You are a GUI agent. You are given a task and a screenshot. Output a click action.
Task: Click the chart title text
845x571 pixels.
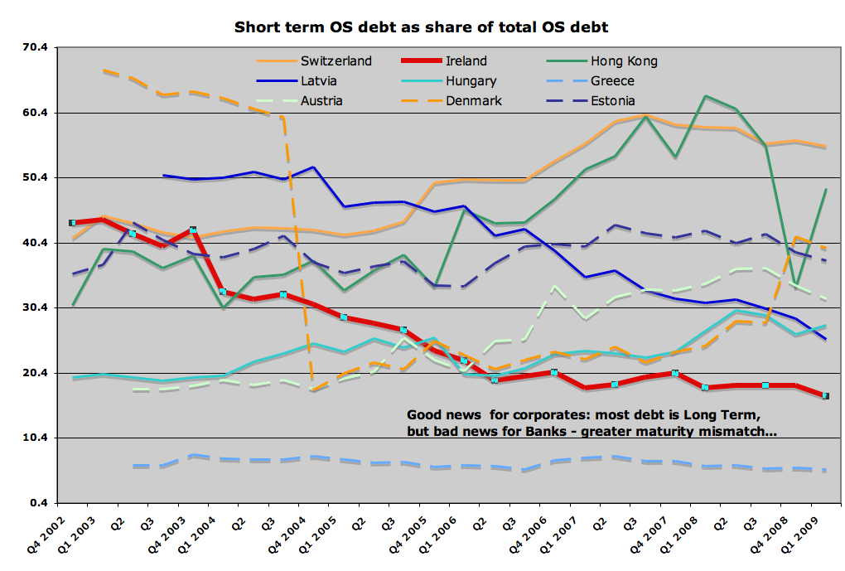(421, 27)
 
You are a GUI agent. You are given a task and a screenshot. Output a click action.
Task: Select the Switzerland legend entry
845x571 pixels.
(336, 60)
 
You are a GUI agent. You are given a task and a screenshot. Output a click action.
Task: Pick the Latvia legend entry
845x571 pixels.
(318, 81)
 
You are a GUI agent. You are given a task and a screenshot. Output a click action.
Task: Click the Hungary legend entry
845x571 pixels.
(471, 81)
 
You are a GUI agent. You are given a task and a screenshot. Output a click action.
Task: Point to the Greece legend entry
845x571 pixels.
(612, 81)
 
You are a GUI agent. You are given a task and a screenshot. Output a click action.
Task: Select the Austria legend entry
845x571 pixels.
(321, 101)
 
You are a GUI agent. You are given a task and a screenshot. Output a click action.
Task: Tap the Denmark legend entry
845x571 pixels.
(473, 101)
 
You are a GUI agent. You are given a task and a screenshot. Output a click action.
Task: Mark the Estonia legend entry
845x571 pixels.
(613, 101)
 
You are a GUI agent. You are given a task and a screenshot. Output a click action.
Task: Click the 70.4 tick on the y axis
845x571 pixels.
(36, 48)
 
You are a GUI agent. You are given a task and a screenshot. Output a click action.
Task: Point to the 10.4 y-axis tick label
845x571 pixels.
(36, 438)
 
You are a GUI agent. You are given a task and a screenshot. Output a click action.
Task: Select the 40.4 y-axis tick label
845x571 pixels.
(36, 243)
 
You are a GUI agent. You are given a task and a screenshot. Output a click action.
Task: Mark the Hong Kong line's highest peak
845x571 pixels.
(705, 96)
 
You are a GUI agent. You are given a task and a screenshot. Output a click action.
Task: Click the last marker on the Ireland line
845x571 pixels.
(825, 396)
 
